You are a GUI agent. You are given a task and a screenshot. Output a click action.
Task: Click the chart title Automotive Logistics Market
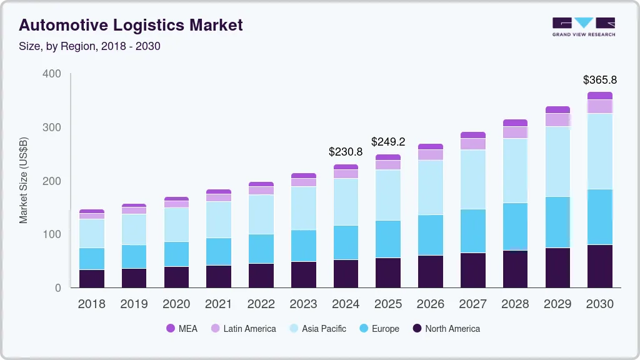[x=131, y=26]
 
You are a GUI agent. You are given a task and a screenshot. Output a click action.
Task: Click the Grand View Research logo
[x=583, y=27]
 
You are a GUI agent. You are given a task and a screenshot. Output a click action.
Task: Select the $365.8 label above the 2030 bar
[x=599, y=80]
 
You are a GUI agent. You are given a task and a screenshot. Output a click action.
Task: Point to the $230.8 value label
[x=346, y=152]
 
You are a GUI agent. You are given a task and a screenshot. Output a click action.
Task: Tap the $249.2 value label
[x=388, y=142]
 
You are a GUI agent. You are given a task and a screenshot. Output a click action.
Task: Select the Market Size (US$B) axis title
[x=24, y=180]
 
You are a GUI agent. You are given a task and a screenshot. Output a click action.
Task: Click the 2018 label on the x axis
[x=91, y=304]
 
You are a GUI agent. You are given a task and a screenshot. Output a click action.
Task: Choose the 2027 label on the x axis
[x=472, y=304]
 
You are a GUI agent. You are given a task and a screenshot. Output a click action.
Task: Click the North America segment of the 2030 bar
[x=599, y=266]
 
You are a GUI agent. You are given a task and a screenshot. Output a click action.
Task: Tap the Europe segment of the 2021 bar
[x=219, y=251]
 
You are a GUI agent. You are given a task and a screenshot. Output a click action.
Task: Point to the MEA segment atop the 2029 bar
[x=557, y=110]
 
